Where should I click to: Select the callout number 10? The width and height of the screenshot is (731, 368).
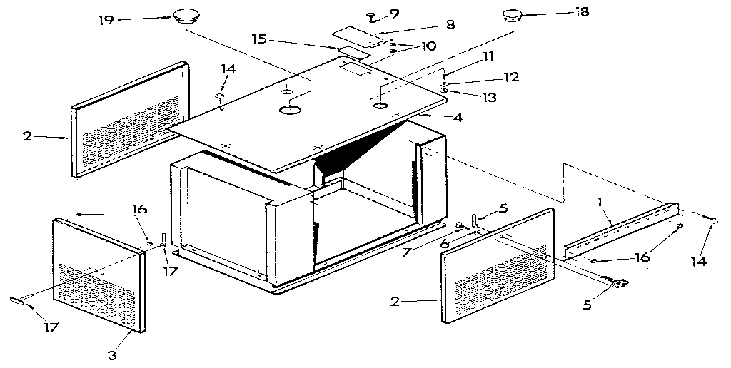(429, 46)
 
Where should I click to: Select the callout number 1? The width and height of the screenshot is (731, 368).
(602, 202)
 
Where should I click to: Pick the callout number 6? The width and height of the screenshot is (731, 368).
(444, 243)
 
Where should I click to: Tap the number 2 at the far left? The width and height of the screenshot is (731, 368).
(27, 135)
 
